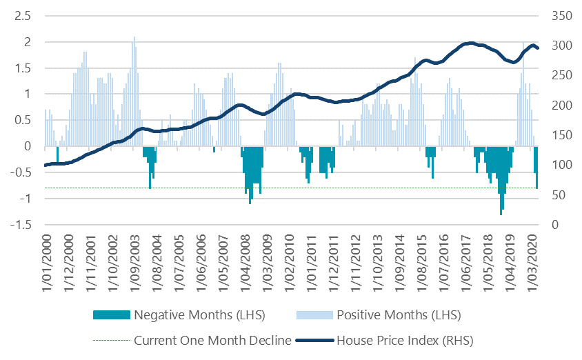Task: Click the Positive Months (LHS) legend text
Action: coord(398,315)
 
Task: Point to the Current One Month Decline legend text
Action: coord(212,340)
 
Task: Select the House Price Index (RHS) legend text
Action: coord(403,340)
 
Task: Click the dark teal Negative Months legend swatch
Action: coord(111,315)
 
